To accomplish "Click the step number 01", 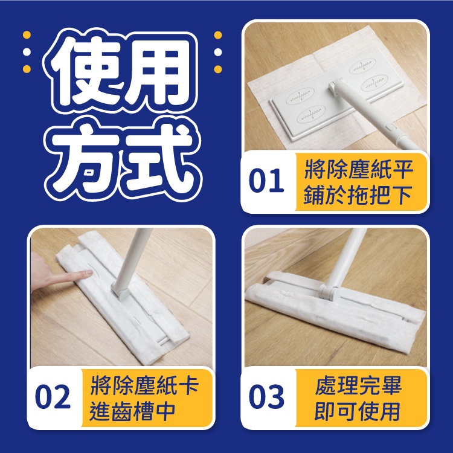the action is pos(266,181).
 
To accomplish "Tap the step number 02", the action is pos(53,396).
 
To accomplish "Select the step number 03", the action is pos(266,396).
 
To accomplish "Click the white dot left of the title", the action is pos(27,52).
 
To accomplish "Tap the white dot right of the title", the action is pos(218,53).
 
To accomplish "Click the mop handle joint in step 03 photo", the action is pos(328,291).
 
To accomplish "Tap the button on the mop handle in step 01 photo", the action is pos(390,126).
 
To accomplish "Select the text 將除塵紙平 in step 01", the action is pos(358,170).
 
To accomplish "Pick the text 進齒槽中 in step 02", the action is pos(132,411).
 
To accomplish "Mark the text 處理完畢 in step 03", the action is pos(358,386).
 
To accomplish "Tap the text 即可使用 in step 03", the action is pos(358,411).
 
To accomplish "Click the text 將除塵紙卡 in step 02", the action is pos(144,386).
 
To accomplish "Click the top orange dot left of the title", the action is pos(27,34).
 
